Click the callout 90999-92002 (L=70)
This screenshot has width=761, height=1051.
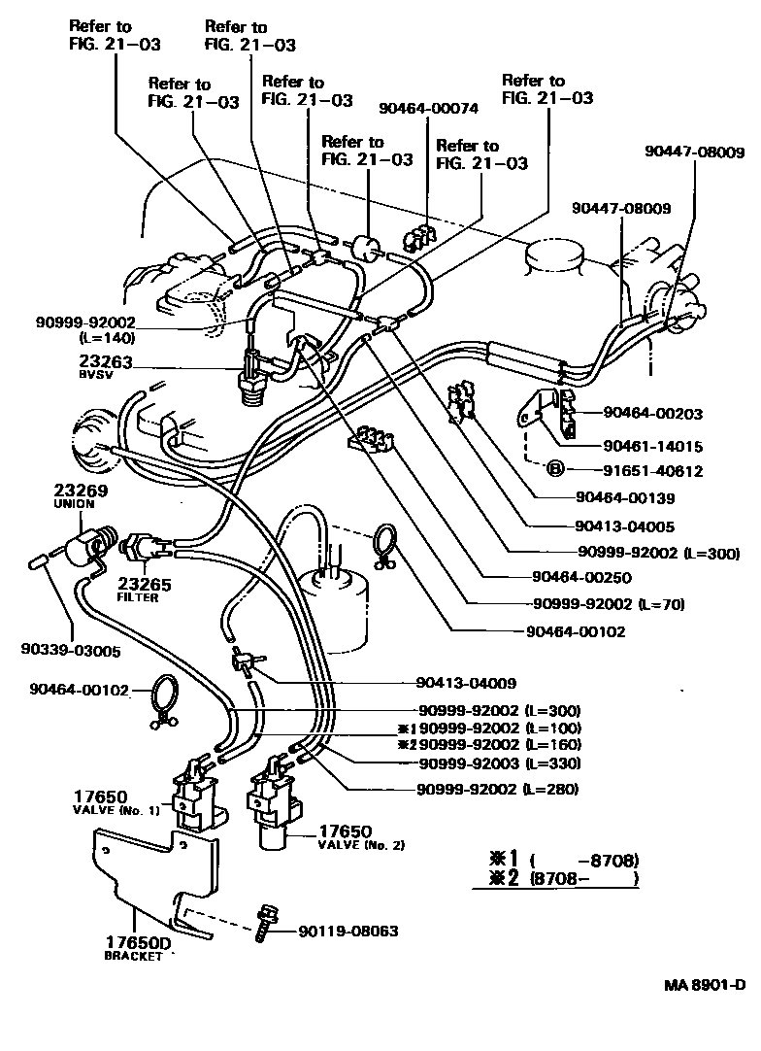tap(609, 603)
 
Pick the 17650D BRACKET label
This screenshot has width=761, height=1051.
tap(132, 947)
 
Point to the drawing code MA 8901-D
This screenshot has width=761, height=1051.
tap(704, 984)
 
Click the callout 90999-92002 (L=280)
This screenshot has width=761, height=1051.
tap(497, 788)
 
